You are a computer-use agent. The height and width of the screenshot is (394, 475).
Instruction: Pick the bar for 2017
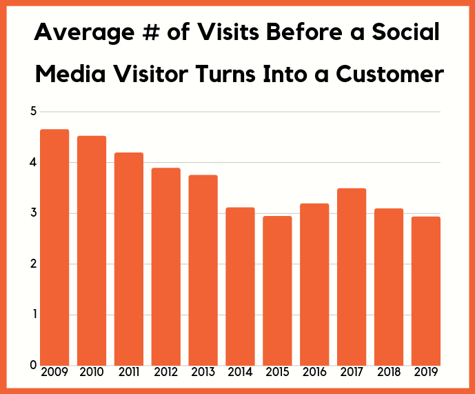coord(352,276)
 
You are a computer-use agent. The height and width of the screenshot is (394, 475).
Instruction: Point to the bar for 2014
coord(240,286)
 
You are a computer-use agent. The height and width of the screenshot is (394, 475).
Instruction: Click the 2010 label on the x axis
coord(92,373)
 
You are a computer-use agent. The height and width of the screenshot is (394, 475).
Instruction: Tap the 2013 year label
coord(203,373)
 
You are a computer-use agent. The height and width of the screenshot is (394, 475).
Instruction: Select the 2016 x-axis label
coord(314,373)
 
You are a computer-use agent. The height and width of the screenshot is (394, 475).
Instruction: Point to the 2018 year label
coord(389,373)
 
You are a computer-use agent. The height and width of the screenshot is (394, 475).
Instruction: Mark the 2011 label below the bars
coord(129,373)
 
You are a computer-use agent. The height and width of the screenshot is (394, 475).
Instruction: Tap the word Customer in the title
coord(390,74)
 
